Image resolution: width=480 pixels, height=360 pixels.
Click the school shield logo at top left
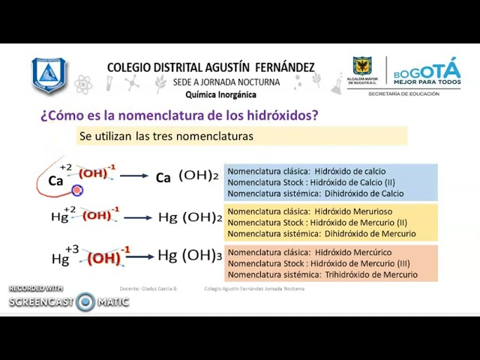49,75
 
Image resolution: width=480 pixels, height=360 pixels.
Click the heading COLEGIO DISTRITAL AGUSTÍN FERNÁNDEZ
211,67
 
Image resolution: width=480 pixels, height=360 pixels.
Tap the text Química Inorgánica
220,94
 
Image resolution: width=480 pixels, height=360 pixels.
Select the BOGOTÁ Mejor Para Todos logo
427,72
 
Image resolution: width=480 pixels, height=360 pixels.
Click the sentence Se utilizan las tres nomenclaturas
166,136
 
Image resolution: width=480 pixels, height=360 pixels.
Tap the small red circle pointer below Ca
77,190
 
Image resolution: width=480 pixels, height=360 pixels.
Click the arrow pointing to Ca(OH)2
134,176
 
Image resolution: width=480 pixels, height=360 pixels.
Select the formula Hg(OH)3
190,256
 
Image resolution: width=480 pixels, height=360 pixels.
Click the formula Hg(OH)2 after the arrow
190,217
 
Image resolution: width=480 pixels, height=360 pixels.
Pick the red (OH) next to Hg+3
104,258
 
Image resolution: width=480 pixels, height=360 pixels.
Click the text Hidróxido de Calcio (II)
358,182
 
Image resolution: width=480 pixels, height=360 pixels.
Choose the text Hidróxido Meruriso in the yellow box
353,211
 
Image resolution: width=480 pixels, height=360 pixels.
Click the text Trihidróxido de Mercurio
371,274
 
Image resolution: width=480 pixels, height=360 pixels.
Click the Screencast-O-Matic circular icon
85,301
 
